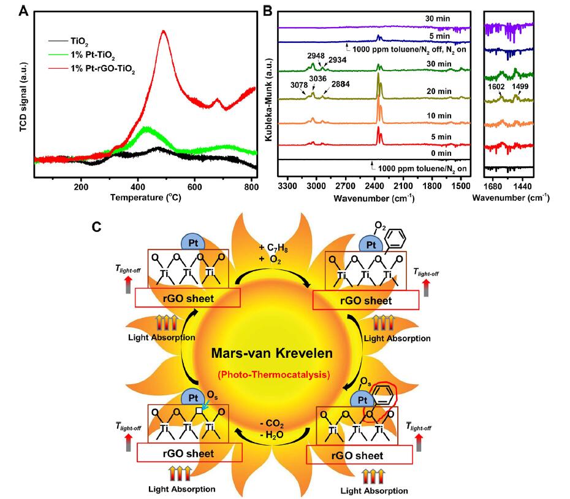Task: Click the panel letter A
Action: (25, 10)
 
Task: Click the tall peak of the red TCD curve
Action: (164, 32)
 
